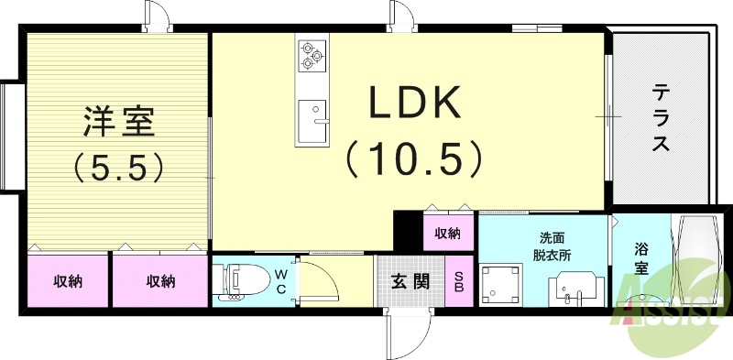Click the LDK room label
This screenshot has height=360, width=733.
(413, 105)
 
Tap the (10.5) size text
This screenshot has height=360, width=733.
(413, 159)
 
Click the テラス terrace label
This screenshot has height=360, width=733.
(661, 118)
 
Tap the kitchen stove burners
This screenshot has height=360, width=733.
(312, 55)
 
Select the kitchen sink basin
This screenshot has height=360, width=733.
(312, 115)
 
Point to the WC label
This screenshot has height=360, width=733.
(281, 280)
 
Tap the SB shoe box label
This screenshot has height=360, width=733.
(459, 281)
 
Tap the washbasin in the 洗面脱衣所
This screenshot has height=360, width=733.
(574, 291)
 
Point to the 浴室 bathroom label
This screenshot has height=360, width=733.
(641, 259)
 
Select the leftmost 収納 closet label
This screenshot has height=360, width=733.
(68, 281)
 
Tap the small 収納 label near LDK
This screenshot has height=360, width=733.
(447, 233)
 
